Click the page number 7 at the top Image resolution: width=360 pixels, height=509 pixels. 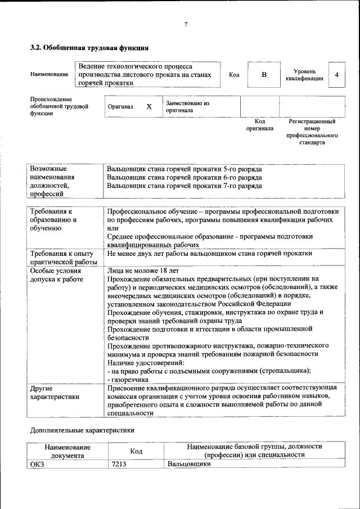click(x=186, y=24)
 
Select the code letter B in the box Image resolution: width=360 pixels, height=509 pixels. click(x=264, y=75)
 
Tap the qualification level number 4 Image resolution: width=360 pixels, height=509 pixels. click(x=336, y=75)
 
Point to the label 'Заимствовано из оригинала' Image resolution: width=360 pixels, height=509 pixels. click(x=187, y=107)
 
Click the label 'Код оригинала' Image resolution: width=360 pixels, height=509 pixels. click(x=259, y=125)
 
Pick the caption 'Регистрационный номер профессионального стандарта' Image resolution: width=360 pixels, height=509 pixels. click(x=312, y=132)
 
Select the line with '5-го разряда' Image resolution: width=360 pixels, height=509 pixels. click(x=184, y=169)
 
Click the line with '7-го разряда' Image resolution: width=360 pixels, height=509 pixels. click(x=184, y=185)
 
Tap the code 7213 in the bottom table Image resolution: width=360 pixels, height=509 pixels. click(x=119, y=464)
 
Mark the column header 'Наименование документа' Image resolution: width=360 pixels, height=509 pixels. click(x=68, y=451)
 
